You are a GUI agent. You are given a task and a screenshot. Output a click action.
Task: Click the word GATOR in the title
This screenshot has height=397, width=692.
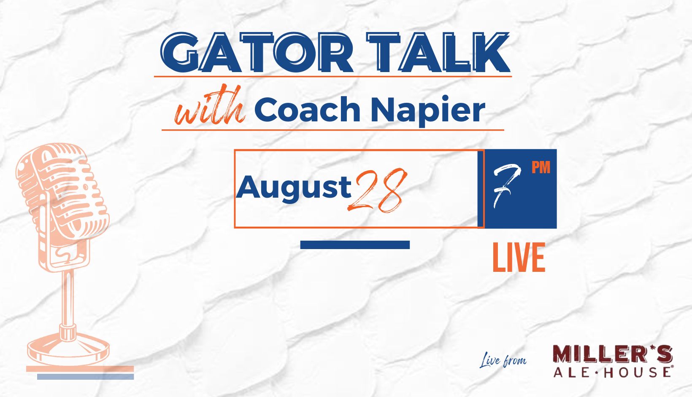pos(257,52)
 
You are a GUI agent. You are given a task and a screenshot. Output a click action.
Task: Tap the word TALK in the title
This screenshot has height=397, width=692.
pos(438,52)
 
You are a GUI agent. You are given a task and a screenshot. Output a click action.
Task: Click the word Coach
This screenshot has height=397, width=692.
pos(307,109)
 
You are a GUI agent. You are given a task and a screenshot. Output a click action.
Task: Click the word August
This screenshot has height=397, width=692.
pos(294,188)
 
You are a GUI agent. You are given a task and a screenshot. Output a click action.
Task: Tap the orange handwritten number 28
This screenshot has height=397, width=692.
pos(377,190)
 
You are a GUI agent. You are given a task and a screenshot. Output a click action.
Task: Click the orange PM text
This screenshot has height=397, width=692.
pos(541,167)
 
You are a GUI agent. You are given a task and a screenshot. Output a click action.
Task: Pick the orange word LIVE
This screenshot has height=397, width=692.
pos(519,258)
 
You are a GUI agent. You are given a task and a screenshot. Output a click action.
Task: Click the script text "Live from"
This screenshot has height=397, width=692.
pos(503,360)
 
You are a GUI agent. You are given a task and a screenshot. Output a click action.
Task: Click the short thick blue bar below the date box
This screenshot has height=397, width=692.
pos(355,245)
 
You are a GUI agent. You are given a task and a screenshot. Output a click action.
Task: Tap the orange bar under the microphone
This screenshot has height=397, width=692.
pos(80,369)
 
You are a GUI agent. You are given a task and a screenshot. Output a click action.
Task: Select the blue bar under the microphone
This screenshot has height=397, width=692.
pos(86,377)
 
